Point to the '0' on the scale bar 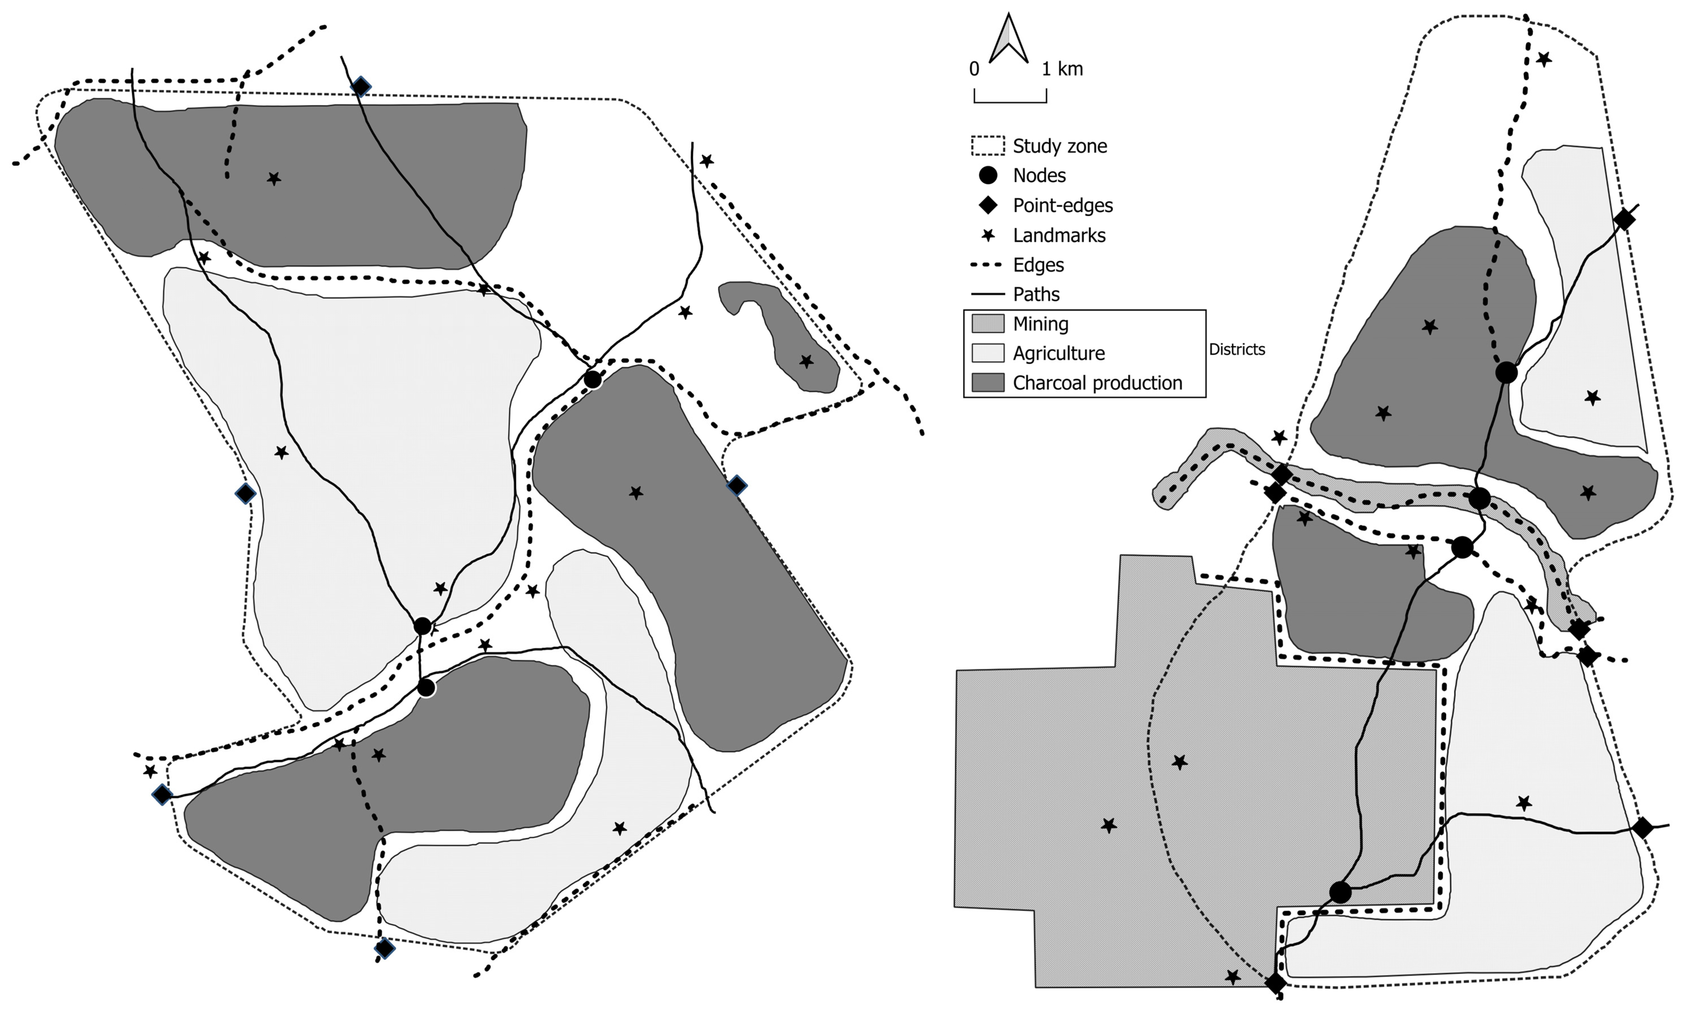[x=974, y=69]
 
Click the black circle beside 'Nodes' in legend [x=988, y=175]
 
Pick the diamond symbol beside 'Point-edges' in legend [x=988, y=205]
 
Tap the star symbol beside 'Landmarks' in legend [x=988, y=235]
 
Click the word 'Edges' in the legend [x=1038, y=265]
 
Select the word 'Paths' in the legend [x=1036, y=294]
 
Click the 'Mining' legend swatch [x=988, y=324]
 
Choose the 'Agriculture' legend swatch [x=988, y=353]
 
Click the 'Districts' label [x=1237, y=350]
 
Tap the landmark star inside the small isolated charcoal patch [x=806, y=361]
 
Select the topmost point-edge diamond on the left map [x=361, y=87]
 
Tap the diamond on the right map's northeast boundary [x=1624, y=220]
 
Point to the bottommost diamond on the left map [x=384, y=948]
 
